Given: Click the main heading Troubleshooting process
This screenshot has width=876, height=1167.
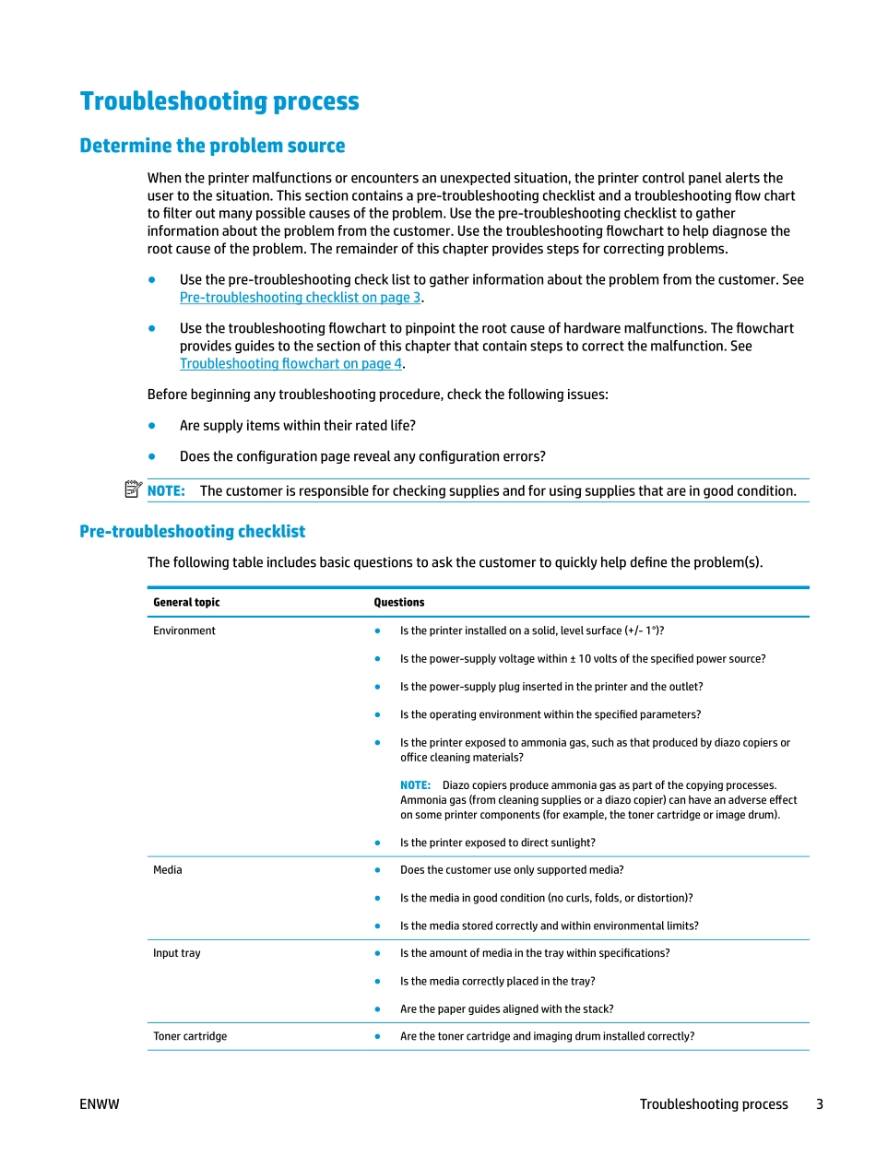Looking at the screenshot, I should click(219, 101).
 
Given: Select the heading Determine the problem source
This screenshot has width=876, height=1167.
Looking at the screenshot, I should click(212, 146).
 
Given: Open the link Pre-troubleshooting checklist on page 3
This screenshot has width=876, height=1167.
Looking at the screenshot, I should click(301, 298).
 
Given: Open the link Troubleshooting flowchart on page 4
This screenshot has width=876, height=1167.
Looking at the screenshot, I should click(290, 364).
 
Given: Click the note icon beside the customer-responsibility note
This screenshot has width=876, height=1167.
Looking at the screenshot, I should click(133, 489).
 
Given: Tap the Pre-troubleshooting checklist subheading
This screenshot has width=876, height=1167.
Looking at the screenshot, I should click(192, 532).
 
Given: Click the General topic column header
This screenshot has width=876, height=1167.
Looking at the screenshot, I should click(186, 603).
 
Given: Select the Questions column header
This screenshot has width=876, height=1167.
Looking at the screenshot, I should click(398, 603).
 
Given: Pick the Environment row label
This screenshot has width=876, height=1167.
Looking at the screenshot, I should click(184, 631).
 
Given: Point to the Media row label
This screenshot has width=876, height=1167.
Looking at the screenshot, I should click(168, 870).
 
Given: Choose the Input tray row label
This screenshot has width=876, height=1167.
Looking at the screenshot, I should click(176, 953).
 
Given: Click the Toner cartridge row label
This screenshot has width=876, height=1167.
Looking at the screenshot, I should click(190, 1036).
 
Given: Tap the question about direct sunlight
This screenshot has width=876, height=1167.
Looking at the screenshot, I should click(497, 843).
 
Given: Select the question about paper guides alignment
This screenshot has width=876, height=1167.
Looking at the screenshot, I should click(506, 1009).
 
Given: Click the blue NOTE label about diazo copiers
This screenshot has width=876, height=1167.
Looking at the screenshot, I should click(415, 785).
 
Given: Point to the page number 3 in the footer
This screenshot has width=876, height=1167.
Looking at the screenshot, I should click(819, 1104).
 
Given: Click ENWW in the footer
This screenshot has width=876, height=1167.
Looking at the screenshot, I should click(100, 1104).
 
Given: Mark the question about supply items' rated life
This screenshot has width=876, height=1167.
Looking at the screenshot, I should click(297, 426).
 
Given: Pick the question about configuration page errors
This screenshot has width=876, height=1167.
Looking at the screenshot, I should click(362, 457).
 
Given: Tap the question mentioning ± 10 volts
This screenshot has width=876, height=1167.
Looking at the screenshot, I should click(582, 659).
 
